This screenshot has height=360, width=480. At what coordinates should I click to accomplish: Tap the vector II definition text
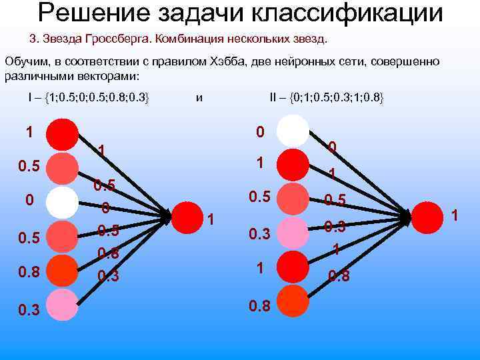coord(327,98)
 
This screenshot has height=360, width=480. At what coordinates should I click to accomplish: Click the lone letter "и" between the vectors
coord(199,98)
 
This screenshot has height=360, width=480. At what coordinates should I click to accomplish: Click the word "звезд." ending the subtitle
coord(311,38)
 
